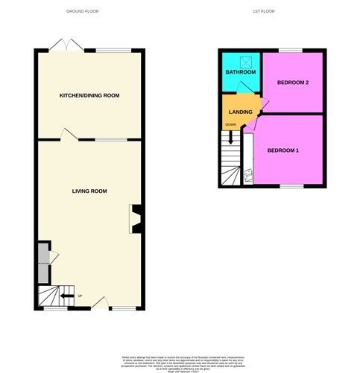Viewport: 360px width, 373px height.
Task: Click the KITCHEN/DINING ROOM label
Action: [89, 95]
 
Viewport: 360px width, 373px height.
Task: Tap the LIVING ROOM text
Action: [89, 191]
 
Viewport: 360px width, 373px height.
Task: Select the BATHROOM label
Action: [241, 72]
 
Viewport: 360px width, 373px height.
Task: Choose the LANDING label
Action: [240, 112]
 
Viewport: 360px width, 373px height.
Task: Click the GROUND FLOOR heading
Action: [82, 12]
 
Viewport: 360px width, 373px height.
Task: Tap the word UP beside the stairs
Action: [80, 296]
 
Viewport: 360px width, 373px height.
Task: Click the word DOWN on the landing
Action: [231, 124]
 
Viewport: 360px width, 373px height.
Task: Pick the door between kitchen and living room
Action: [69, 135]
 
